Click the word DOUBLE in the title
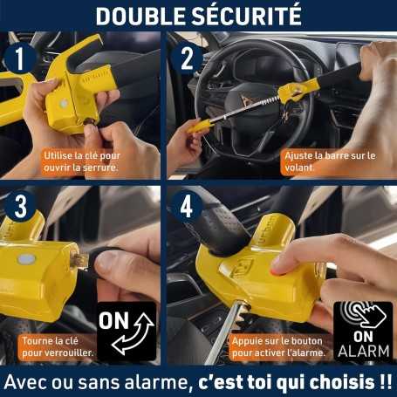(140, 16)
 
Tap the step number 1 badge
(19, 58)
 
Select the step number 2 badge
(187, 58)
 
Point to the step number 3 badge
(20, 207)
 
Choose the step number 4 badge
(187, 207)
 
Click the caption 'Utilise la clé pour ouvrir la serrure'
(82, 161)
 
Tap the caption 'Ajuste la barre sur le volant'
(330, 161)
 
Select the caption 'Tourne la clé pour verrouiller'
(58, 346)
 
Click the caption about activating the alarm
(278, 346)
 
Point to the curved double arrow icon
(133, 333)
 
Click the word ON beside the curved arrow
(113, 320)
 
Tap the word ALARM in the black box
(364, 351)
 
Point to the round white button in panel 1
(64, 103)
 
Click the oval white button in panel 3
(26, 259)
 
